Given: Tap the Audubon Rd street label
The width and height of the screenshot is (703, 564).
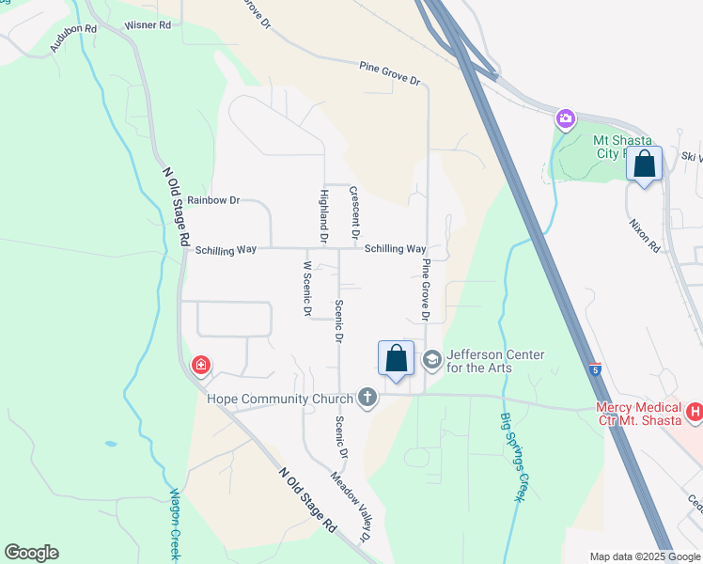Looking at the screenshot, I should (x=74, y=37).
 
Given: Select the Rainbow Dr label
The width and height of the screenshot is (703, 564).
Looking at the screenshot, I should (x=213, y=200).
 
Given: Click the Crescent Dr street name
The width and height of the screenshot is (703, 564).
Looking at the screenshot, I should (x=355, y=211).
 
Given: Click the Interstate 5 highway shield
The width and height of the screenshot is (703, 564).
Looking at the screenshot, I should (x=595, y=369).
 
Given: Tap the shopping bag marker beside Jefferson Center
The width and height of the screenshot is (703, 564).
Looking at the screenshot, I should (x=396, y=358).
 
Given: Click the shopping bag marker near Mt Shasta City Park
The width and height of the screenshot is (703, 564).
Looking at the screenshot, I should (x=644, y=164).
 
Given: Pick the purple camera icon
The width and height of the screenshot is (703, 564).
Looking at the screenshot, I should (x=565, y=118).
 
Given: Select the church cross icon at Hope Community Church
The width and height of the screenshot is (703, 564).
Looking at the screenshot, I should (x=367, y=399).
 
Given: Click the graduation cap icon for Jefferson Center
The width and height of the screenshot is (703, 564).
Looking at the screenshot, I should (x=431, y=359).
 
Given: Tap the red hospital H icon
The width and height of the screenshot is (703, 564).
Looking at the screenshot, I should (x=695, y=412).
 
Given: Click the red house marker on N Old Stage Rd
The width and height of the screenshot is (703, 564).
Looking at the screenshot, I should (x=200, y=365).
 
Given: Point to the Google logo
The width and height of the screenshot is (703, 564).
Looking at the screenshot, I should (x=31, y=552).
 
